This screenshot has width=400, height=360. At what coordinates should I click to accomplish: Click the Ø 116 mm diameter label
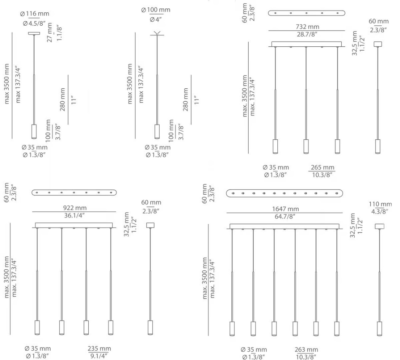(x=35, y=13)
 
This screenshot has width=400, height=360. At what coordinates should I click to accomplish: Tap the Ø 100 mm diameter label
(x=156, y=10)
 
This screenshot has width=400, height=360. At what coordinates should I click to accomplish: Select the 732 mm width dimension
(x=307, y=26)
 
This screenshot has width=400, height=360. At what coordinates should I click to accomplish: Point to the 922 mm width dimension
(x=75, y=208)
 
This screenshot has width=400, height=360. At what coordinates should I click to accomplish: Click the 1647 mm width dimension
(x=286, y=209)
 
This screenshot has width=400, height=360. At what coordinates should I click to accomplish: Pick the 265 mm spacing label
(x=323, y=168)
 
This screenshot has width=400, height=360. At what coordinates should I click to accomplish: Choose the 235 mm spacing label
(x=99, y=348)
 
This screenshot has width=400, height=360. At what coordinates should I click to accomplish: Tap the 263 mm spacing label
(x=306, y=349)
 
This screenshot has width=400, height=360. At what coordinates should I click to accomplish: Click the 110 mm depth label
(x=380, y=204)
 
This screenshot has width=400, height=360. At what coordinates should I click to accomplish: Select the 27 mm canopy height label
(x=50, y=32)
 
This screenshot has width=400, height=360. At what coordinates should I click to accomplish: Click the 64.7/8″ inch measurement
(x=285, y=216)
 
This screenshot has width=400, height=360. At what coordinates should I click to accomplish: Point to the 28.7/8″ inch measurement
(x=307, y=34)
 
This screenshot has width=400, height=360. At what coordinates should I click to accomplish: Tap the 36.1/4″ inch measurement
(x=74, y=215)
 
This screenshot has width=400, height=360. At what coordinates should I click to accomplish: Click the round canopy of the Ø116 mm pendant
(x=34, y=33)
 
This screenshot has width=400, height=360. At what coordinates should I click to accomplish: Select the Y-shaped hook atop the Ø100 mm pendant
(x=157, y=33)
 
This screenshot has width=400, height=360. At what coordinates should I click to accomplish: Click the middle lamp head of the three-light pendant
(x=306, y=146)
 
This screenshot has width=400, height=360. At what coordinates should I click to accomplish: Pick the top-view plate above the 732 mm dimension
(x=307, y=13)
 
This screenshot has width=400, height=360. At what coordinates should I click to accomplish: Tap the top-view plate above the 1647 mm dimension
(x=285, y=193)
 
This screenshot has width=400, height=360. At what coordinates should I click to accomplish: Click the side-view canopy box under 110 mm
(x=380, y=226)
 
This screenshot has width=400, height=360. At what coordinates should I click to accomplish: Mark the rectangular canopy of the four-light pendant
(x=74, y=225)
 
